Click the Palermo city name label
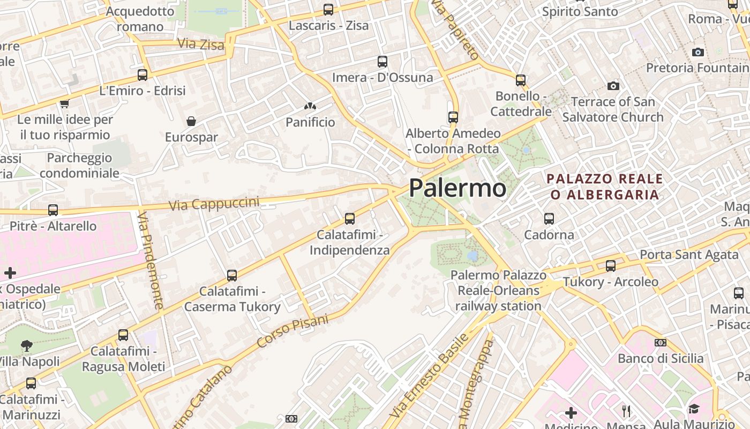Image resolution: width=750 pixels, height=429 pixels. (457, 188)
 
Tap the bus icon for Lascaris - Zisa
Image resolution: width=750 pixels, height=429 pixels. (328, 10)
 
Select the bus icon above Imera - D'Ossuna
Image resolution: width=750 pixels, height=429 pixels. (382, 62)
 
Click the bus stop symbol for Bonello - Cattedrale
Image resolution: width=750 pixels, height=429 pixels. (521, 80)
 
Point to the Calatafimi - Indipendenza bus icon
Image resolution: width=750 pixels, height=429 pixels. (350, 219)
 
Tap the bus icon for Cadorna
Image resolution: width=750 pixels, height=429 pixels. (549, 219)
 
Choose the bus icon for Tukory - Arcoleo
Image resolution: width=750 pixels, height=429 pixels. (610, 266)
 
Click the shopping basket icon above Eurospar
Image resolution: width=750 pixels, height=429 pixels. (191, 121)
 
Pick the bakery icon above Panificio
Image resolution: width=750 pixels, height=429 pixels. (310, 107)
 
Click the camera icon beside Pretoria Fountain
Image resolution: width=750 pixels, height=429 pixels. (697, 52)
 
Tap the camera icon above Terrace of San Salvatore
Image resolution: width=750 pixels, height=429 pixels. (613, 86)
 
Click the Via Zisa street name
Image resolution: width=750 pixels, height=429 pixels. (200, 44)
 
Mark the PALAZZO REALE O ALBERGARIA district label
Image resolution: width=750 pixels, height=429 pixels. (605, 187)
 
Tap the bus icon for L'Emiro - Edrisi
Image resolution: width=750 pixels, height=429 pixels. (142, 75)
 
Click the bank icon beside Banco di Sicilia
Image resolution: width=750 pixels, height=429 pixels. (661, 343)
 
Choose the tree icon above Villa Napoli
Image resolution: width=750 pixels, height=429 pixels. (27, 346)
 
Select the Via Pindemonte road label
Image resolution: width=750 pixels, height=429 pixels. (151, 261)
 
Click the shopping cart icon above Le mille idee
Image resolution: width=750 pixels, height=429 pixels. (65, 103)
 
